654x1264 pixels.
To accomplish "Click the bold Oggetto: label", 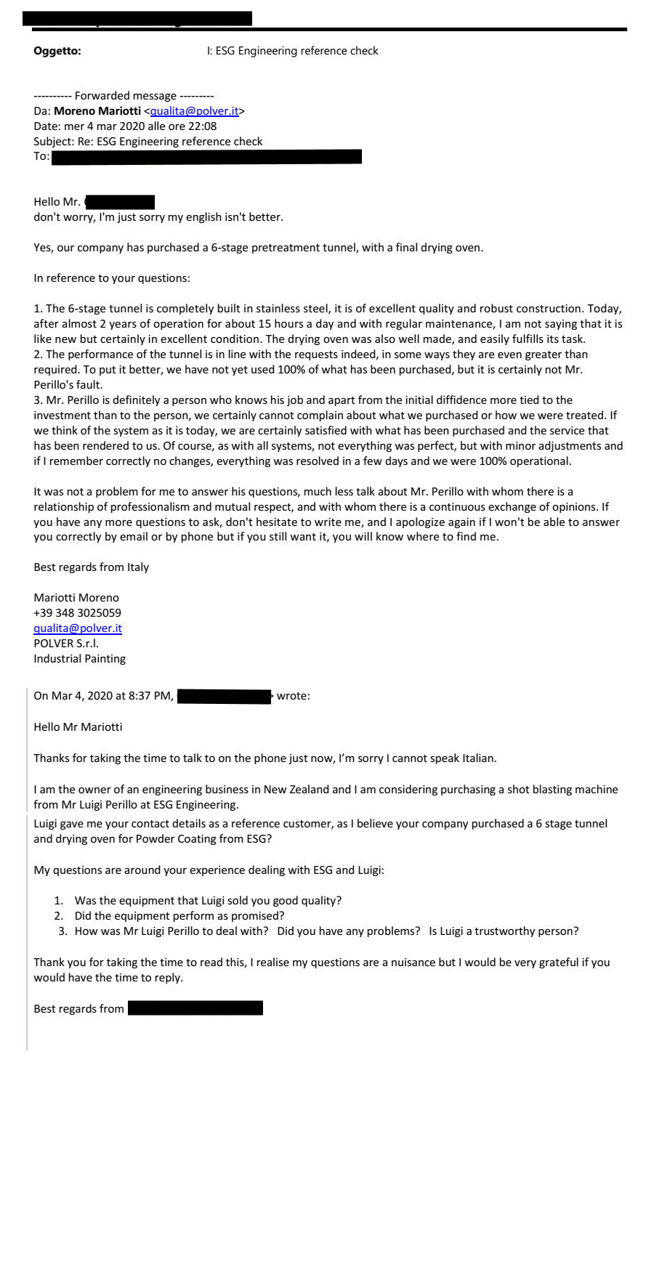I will point(57,51).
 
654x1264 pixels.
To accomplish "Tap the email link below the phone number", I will point(78,628).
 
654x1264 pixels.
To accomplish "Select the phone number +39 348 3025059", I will point(77,613).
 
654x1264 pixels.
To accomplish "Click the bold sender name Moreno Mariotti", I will point(97,111).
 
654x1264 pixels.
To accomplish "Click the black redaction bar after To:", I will point(206,157).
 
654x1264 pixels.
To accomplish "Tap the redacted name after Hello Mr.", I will point(120,202).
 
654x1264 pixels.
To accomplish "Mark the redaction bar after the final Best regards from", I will point(195,1008).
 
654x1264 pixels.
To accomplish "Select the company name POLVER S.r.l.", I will point(66,644).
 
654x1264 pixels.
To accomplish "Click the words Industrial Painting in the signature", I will point(79,659).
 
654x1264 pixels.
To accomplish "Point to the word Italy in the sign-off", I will point(137,567).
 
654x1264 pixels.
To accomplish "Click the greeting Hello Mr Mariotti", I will point(78,727).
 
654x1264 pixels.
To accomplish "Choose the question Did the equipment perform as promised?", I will point(179,916).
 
